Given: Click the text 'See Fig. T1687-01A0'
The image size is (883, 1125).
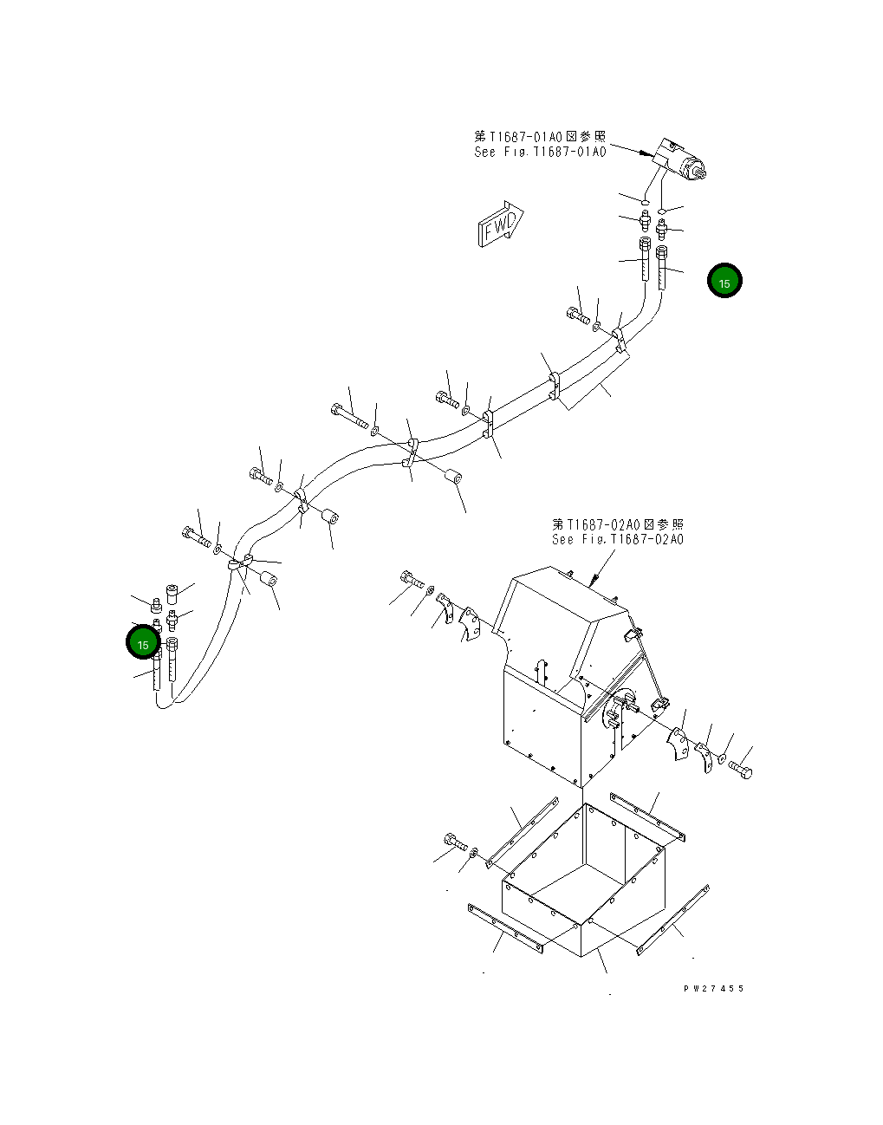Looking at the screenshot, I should [x=540, y=152].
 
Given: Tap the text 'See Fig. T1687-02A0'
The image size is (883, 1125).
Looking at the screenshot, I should [x=618, y=539].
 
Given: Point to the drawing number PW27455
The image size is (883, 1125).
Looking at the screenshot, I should [x=713, y=988].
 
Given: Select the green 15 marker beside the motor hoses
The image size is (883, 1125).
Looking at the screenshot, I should [x=724, y=281].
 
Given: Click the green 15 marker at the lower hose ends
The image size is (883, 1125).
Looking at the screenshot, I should [x=143, y=643].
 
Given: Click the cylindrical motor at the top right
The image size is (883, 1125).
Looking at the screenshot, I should [x=680, y=159].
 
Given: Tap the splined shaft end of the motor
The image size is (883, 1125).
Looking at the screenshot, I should [x=701, y=170].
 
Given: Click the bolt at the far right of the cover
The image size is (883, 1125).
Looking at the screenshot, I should [x=740, y=768].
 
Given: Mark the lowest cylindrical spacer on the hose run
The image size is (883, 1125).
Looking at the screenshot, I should [x=269, y=578].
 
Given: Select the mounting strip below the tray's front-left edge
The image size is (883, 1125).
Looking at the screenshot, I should [x=505, y=929].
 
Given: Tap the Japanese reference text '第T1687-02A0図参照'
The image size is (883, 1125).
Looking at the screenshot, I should [x=618, y=524].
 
